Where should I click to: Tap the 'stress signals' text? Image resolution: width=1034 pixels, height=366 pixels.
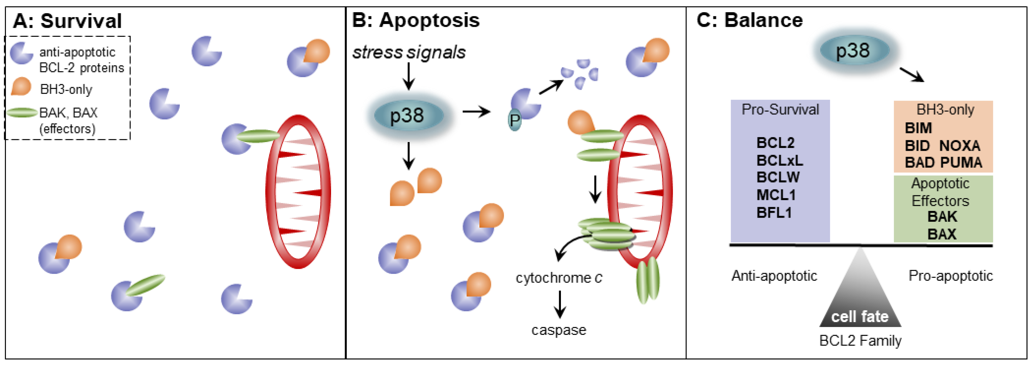[x=409, y=52]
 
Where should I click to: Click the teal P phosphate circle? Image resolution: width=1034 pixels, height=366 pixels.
[x=515, y=120]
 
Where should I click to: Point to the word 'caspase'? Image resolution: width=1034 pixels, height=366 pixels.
[x=559, y=330]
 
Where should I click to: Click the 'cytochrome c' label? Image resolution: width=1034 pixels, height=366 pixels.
[x=559, y=278]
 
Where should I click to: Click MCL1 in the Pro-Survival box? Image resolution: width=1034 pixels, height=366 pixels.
[x=775, y=195]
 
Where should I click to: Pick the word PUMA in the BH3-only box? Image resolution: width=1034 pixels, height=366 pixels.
[x=960, y=163]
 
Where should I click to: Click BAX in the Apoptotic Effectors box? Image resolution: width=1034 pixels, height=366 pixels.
[x=942, y=234]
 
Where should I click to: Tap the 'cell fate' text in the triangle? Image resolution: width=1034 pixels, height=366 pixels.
[x=860, y=317]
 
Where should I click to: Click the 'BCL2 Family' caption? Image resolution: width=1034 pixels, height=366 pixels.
[x=860, y=341]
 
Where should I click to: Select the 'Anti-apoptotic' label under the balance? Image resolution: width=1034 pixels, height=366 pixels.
[x=774, y=276]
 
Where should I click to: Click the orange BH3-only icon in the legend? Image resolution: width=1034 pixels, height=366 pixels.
[x=21, y=87]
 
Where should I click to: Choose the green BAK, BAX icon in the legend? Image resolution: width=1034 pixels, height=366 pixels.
[x=22, y=113]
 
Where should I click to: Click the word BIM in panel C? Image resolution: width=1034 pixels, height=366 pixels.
[x=918, y=128]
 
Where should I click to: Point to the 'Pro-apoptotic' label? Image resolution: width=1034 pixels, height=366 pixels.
[x=951, y=276]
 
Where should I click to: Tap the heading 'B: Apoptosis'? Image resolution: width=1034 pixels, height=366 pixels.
[x=415, y=20]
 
